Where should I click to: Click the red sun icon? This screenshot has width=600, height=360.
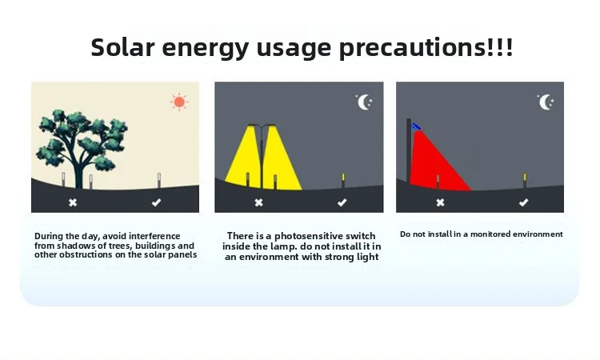179,102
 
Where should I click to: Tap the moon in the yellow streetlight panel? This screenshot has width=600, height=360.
362,102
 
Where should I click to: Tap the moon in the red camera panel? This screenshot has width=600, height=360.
544,102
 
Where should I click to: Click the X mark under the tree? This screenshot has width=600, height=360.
73,202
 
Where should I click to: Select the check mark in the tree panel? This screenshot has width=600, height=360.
156,202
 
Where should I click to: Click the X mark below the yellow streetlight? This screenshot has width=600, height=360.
258,202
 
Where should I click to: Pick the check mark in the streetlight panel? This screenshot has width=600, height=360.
342,202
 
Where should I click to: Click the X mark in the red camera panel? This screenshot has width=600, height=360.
441,202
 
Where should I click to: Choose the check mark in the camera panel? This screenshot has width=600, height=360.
523,202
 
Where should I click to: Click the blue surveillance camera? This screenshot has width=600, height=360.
416,126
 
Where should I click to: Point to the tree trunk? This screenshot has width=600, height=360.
79,172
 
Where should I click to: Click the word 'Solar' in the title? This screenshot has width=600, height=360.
122,47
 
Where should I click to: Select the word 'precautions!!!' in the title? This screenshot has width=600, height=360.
426,48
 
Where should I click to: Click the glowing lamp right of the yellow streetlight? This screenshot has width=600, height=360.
343,181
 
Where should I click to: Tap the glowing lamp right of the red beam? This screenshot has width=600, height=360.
525,181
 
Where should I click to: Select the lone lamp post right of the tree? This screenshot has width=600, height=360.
159,181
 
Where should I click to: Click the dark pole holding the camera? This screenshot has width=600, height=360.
409,151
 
